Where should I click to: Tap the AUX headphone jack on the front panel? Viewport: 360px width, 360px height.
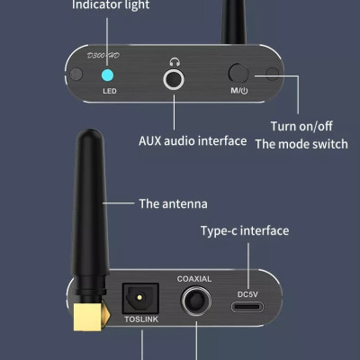pyautogui.click(x=175, y=81)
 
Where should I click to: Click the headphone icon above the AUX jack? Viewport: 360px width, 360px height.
pyautogui.click(x=175, y=62)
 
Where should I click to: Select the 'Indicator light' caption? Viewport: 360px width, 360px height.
pyautogui.click(x=111, y=6)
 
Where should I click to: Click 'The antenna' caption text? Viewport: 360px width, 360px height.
pyautogui.click(x=173, y=203)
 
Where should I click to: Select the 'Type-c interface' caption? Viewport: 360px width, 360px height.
pyautogui.click(x=245, y=231)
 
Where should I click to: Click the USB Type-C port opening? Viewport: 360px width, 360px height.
pyautogui.click(x=247, y=308)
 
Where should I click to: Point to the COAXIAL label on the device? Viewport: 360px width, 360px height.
pyautogui.click(x=194, y=279)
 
